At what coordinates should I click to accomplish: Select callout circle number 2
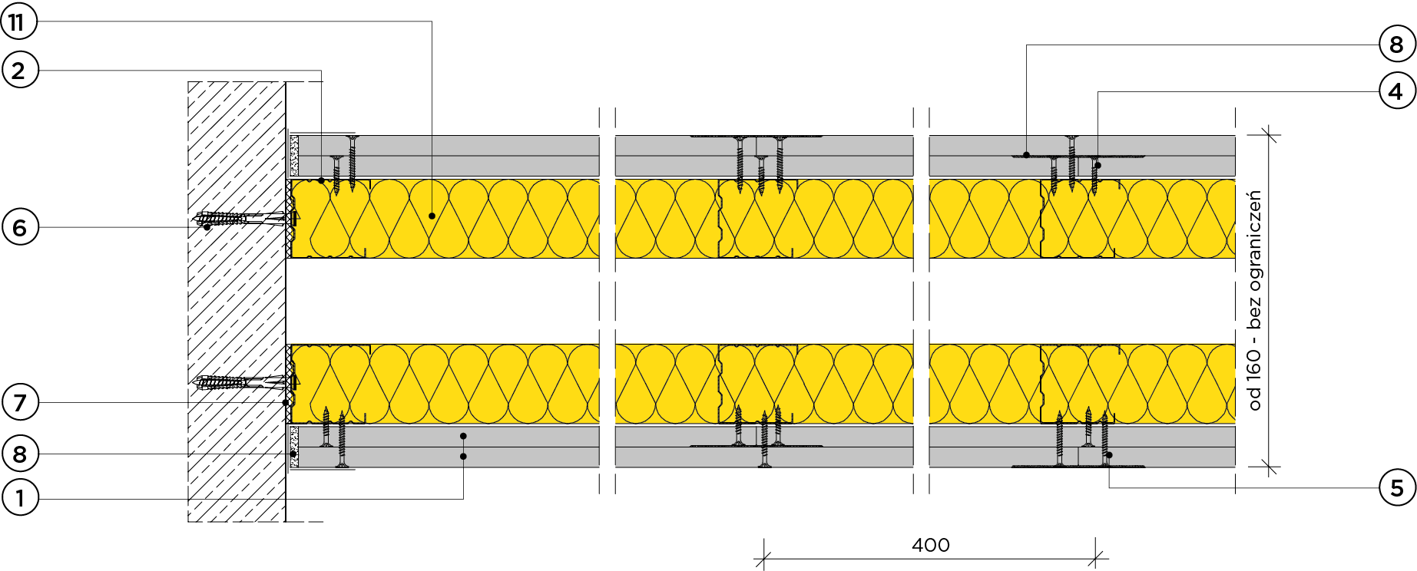(19, 71)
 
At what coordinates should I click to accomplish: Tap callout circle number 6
(19, 228)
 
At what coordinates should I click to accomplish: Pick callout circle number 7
(19, 402)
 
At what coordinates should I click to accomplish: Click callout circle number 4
(1396, 92)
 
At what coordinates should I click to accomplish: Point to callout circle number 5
(1396, 488)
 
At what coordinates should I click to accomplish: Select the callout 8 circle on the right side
(1396, 45)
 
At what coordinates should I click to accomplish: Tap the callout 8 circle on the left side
(19, 454)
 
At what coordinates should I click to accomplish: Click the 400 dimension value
(930, 545)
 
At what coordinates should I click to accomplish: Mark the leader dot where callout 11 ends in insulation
(432, 216)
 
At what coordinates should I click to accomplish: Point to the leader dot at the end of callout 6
(207, 227)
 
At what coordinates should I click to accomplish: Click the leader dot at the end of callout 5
(1109, 455)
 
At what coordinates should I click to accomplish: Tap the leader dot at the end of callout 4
(1098, 165)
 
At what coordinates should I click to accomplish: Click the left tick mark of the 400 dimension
(764, 559)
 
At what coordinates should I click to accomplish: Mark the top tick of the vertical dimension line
(1270, 135)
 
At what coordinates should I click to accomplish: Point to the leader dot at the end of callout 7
(285, 402)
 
